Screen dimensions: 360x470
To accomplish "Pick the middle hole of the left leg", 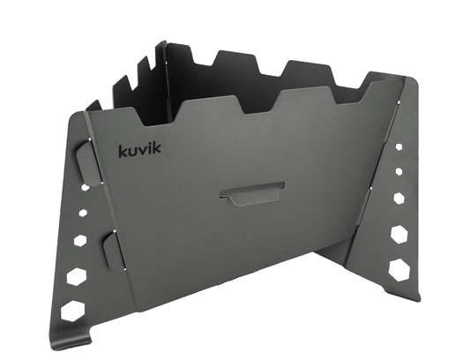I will (80, 238).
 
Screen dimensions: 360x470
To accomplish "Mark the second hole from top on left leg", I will (83, 212).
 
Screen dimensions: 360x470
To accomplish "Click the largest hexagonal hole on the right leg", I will (399, 268).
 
